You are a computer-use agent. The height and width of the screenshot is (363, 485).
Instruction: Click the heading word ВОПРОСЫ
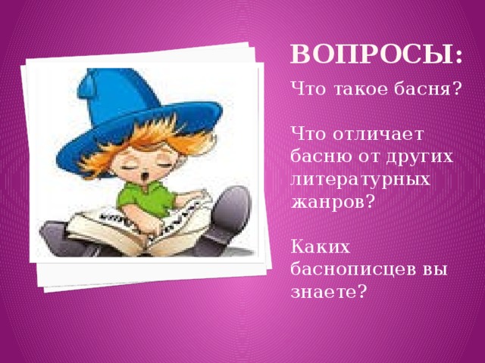click(x=371, y=55)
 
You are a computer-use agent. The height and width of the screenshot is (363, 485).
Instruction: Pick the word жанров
click(x=326, y=202)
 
